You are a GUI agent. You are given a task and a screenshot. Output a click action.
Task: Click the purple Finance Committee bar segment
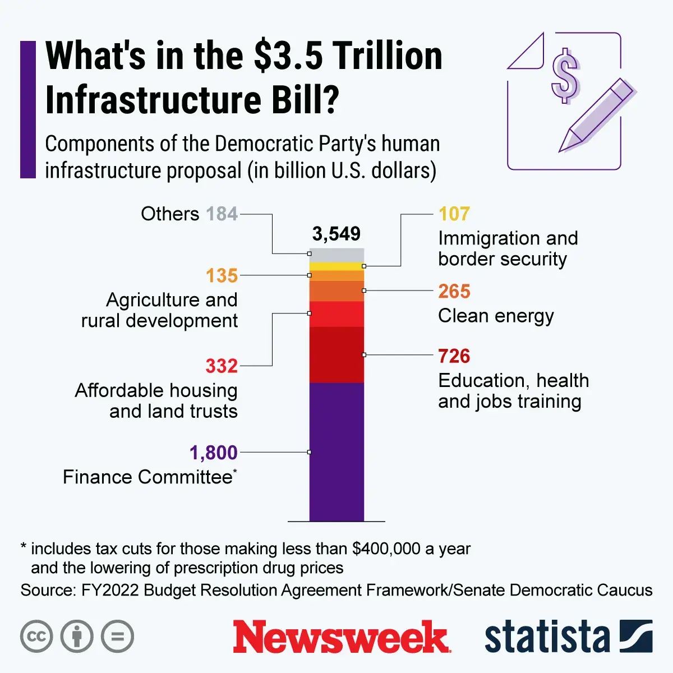[336, 451]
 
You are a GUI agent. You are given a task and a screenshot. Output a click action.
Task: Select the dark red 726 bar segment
[336, 354]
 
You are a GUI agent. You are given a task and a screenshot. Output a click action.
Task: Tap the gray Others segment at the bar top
[336, 255]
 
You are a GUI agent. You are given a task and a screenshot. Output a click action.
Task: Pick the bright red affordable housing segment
[336, 314]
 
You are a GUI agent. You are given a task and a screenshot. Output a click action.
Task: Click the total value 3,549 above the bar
[336, 234]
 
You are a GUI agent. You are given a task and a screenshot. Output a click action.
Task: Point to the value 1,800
[214, 453]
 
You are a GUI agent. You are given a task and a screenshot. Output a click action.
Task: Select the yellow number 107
[454, 214]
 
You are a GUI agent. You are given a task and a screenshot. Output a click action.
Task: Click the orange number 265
[454, 291]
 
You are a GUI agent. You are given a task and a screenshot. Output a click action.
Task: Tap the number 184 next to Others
[222, 214]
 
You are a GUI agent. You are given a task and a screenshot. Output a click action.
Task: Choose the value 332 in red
[222, 366]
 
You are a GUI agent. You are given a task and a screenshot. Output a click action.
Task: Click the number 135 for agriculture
[222, 276]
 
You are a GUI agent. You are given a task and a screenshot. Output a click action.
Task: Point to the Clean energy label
[496, 316]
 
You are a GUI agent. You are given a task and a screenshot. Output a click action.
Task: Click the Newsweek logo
[342, 637]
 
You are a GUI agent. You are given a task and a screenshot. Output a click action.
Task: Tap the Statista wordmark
[547, 637]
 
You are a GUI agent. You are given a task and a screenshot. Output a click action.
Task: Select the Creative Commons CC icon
[36, 637]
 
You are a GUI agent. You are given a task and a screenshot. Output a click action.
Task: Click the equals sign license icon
[118, 637]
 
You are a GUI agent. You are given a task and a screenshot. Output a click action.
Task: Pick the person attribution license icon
[77, 637]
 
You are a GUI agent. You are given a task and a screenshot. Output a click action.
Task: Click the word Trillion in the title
[387, 56]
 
